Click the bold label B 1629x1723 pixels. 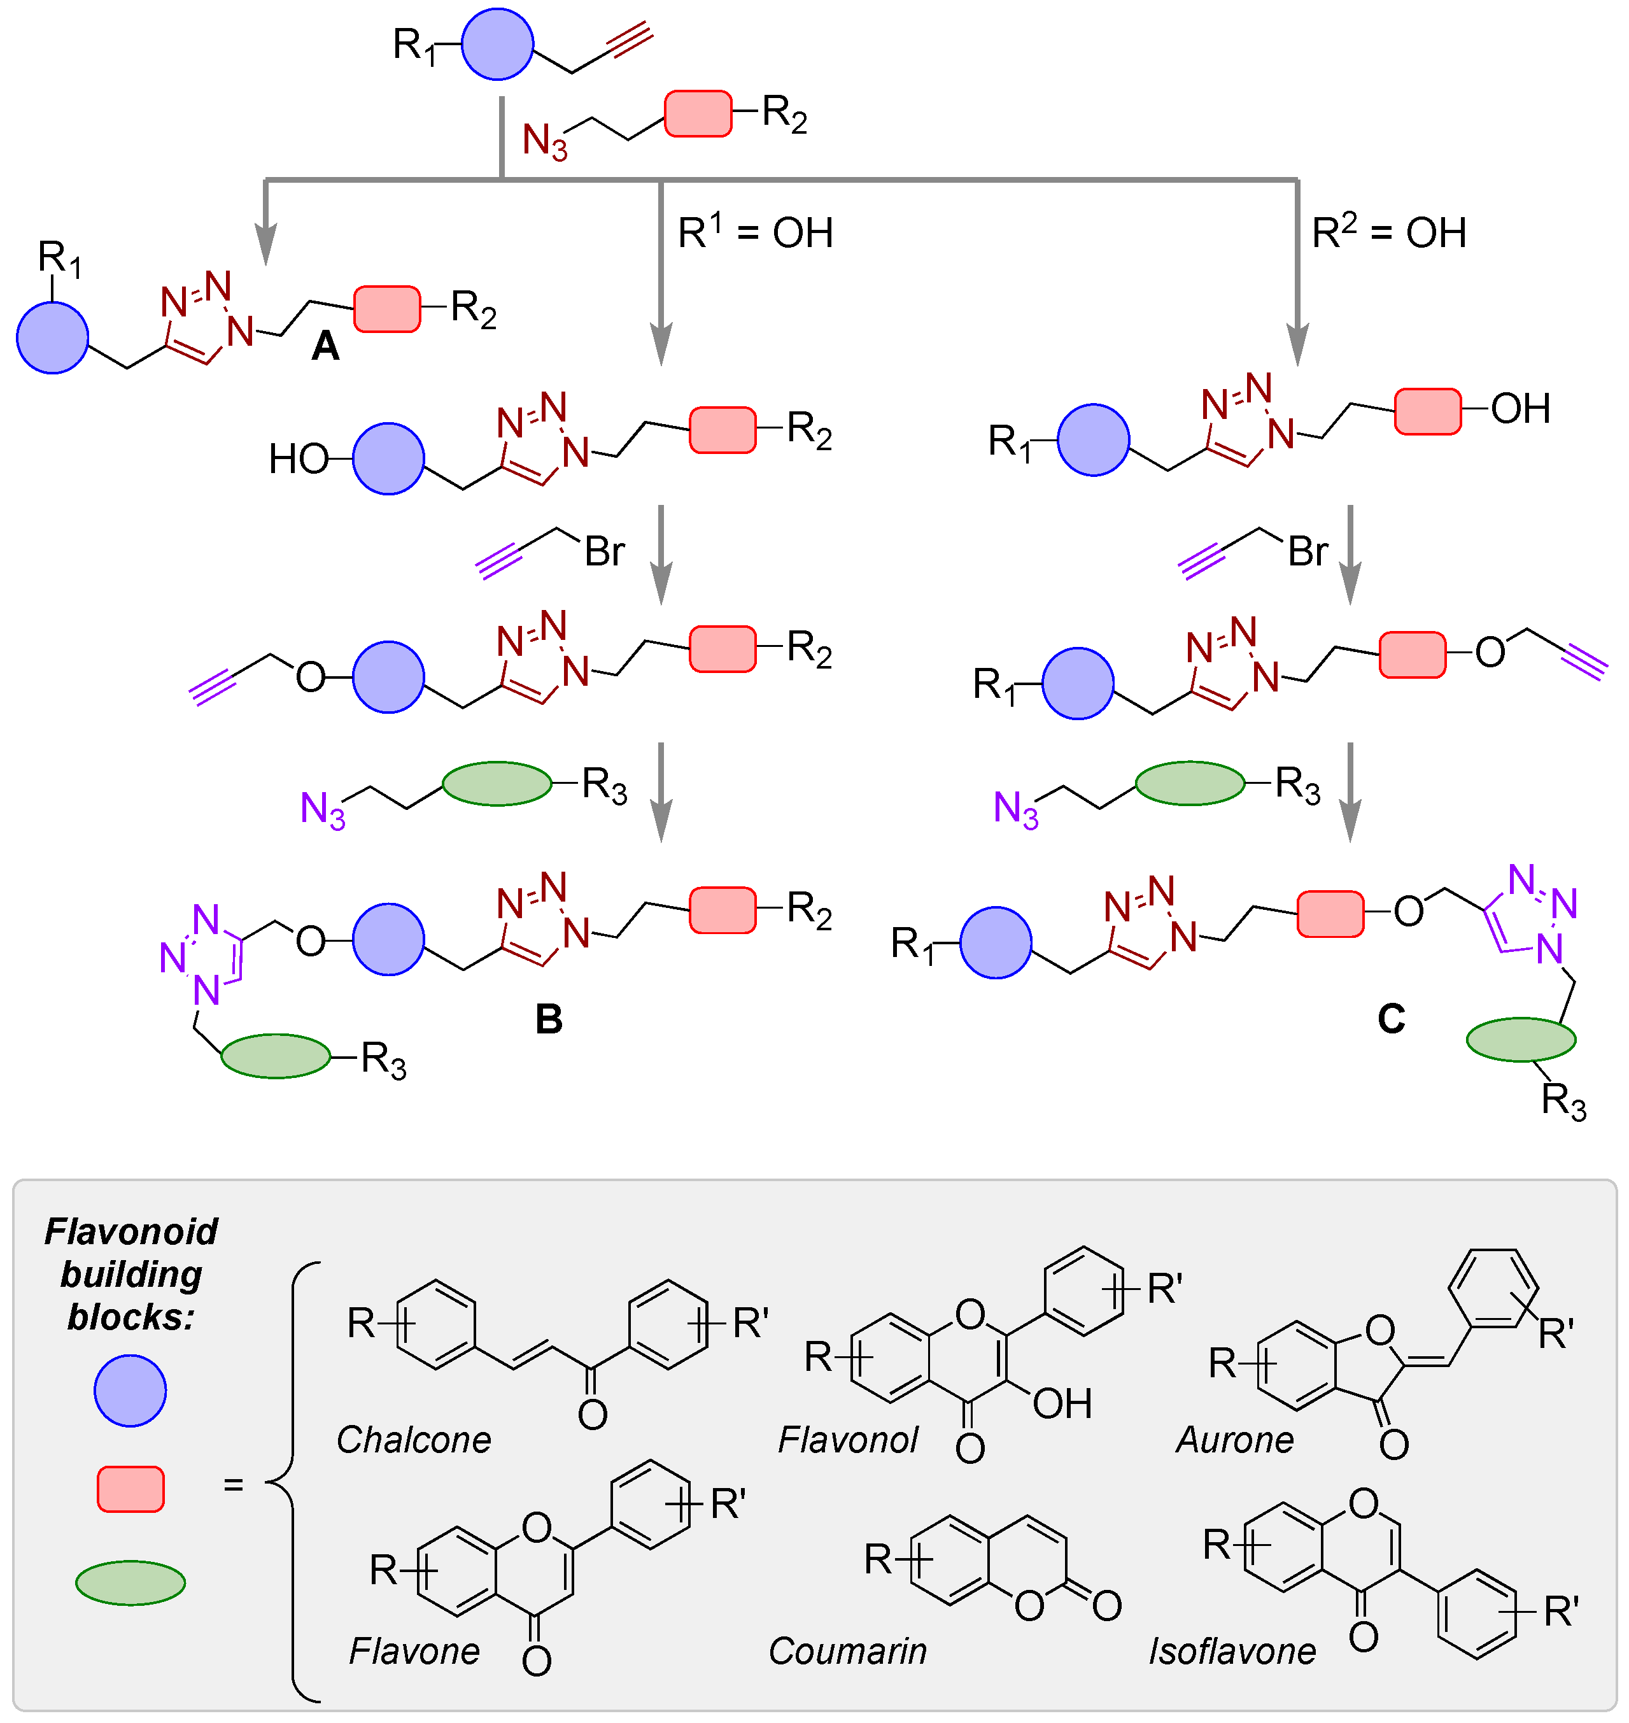(549, 1019)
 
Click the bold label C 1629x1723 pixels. (1391, 1018)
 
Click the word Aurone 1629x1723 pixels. (1235, 1440)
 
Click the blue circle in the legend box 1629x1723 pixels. (130, 1391)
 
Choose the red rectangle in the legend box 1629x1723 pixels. (130, 1489)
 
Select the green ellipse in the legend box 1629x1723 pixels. (130, 1582)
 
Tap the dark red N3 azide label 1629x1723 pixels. (544, 141)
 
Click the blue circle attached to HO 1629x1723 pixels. (388, 458)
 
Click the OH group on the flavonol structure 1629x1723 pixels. (1062, 1403)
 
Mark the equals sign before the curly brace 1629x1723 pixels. (233, 1485)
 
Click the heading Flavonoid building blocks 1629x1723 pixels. (131, 1274)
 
